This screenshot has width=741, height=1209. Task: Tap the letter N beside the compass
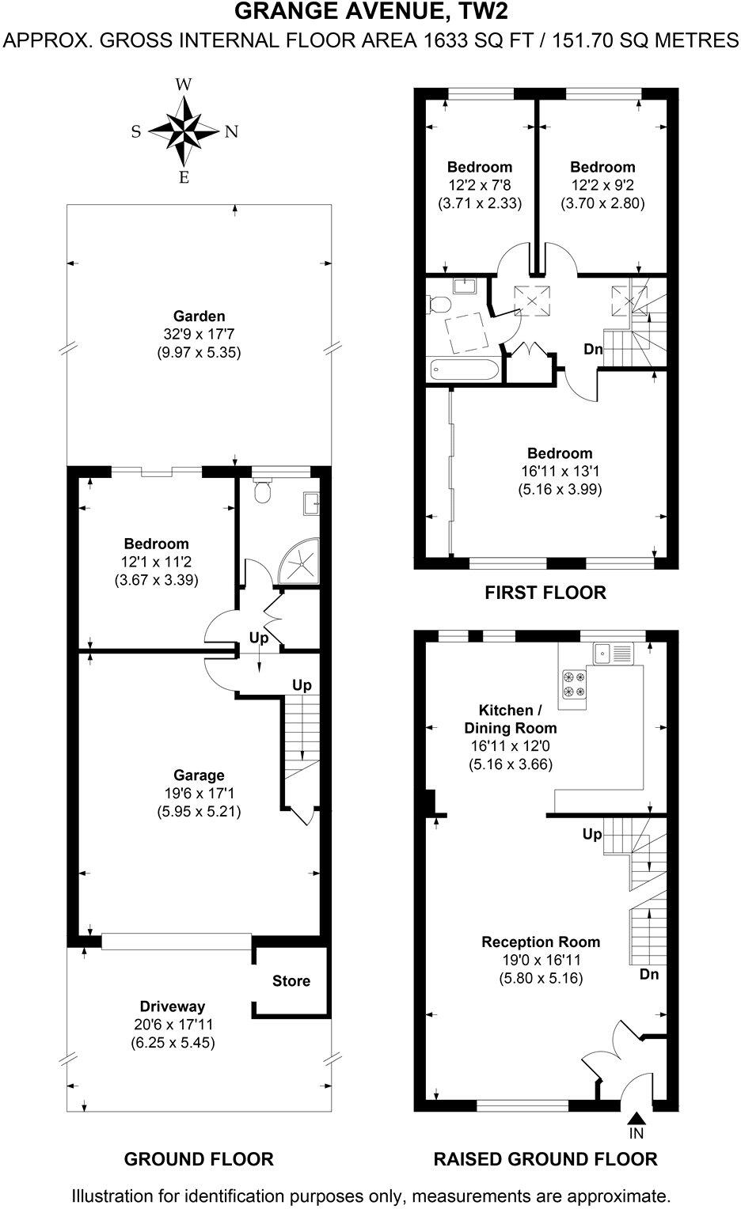[231, 132]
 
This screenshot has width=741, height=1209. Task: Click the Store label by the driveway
[291, 981]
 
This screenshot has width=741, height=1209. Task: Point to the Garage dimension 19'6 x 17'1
[199, 794]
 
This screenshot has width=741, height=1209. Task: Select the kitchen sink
[614, 653]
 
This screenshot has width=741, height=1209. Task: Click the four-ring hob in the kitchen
[574, 684]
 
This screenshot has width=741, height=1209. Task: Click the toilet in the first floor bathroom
[438, 305]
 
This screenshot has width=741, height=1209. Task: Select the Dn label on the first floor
[594, 349]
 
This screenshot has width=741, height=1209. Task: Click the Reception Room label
[541, 942]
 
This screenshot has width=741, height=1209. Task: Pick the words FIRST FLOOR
[545, 592]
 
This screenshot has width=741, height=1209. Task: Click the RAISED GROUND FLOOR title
[545, 1159]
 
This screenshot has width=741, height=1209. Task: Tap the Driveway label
[172, 1006]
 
